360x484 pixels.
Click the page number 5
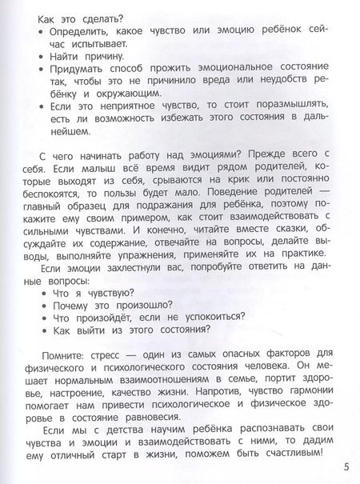pyautogui.click(x=346, y=468)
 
